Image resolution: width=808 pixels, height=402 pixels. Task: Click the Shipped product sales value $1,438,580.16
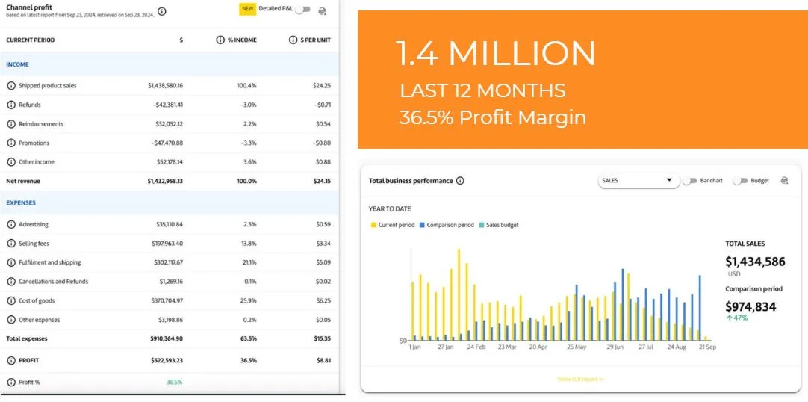coord(165,86)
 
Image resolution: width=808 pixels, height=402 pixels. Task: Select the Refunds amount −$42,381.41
coord(167,105)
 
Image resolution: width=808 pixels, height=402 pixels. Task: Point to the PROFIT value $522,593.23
coord(167,360)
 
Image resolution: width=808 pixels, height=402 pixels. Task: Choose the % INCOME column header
coord(241,40)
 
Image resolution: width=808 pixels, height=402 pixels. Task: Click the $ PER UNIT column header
coord(314,40)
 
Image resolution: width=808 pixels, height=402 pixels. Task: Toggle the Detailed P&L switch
coord(302,10)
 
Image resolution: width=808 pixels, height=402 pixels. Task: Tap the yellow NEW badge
coord(247,9)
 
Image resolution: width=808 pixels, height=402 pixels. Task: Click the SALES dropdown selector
coord(636,180)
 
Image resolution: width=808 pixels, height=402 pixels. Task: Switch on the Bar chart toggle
coord(689,181)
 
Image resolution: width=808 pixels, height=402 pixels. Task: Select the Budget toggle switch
coord(740,181)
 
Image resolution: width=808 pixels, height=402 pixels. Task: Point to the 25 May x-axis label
coord(576,347)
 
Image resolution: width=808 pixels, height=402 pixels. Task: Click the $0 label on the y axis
coord(402,341)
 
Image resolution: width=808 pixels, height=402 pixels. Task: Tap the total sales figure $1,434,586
coord(755,262)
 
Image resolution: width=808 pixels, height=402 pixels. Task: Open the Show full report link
coord(580,380)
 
